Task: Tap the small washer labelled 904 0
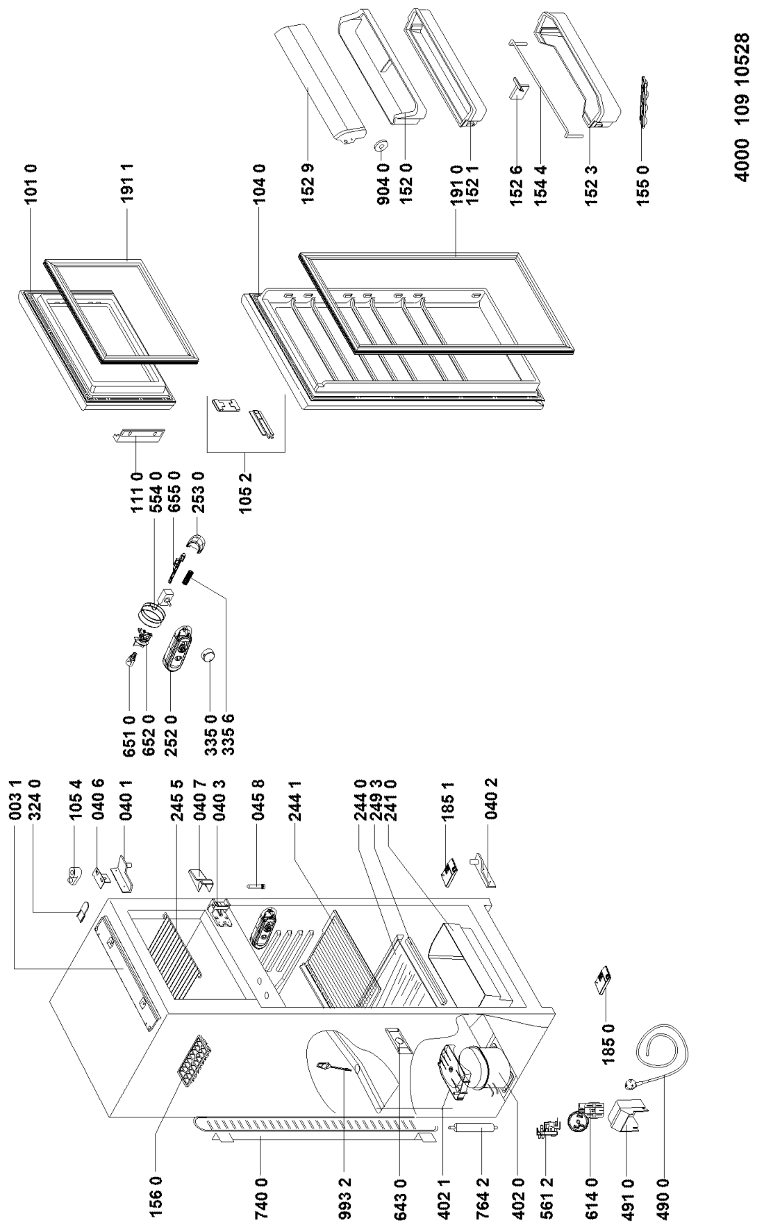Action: click(x=381, y=146)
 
